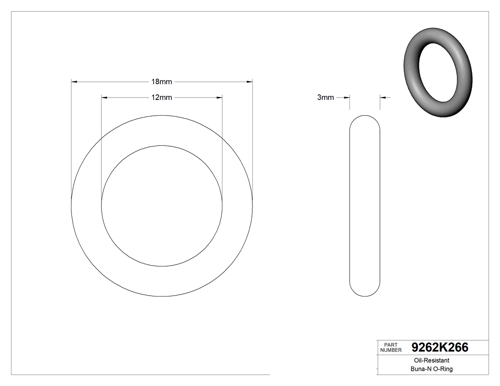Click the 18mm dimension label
pyautogui.click(x=161, y=82)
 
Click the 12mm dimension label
pyautogui.click(x=161, y=98)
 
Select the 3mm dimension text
pyautogui.click(x=325, y=98)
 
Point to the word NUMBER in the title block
pyautogui.click(x=391, y=350)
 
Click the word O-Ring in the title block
pyautogui.click(x=442, y=369)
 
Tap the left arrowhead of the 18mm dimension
pyautogui.click(x=74, y=82)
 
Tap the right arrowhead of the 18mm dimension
pyautogui.click(x=250, y=82)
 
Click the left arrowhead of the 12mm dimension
pyautogui.click(x=105, y=98)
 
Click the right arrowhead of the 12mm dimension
pyautogui.click(x=220, y=98)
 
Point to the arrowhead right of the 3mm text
pyautogui.click(x=347, y=98)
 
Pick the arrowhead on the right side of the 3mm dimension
pyautogui.click(x=382, y=98)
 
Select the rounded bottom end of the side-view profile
pyautogui.click(x=365, y=293)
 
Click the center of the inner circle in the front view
pyautogui.click(x=162, y=206)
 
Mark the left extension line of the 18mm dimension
pyautogui.click(x=71, y=143)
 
